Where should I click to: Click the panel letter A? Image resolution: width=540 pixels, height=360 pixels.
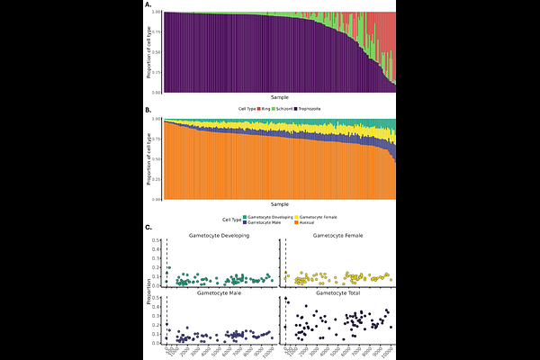[148, 4]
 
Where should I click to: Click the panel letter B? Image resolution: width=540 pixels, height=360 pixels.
[148, 111]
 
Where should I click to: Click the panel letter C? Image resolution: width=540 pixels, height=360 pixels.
[148, 229]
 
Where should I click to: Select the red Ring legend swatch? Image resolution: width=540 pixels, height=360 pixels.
[259, 108]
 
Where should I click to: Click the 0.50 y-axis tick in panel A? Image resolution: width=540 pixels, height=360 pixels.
[157, 52]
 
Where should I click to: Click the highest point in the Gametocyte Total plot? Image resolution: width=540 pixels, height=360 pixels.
[286, 299]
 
